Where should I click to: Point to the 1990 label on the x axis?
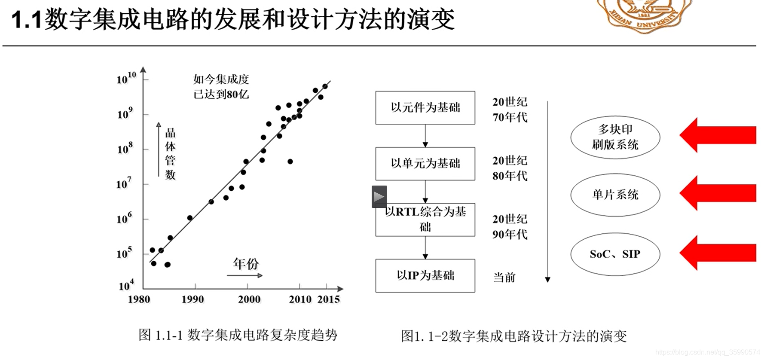[x=193, y=299]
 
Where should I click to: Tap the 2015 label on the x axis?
[x=329, y=299]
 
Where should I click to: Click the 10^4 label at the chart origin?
[x=126, y=285]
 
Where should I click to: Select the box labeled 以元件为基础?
[x=425, y=107]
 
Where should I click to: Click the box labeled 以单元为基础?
[x=425, y=164]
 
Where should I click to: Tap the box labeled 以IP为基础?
[x=425, y=276]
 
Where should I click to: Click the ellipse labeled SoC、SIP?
[x=615, y=254]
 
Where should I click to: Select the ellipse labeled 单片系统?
[x=615, y=195]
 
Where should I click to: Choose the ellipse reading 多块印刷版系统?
[x=615, y=137]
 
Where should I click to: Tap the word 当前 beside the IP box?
[x=504, y=278]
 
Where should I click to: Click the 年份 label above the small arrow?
[x=246, y=263]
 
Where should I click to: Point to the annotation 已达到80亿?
[x=221, y=95]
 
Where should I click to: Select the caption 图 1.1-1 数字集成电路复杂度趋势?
[x=238, y=335]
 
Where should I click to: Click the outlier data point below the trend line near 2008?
[x=290, y=162]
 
